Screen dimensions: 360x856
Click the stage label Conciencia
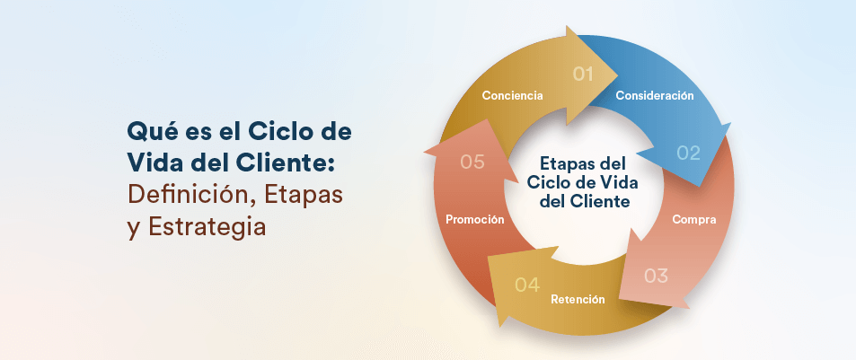click(x=512, y=95)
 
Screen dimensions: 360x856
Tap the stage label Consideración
click(x=655, y=95)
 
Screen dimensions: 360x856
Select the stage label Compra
click(x=694, y=219)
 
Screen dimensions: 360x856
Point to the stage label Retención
click(x=578, y=299)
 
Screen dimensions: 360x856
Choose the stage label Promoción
click(x=474, y=219)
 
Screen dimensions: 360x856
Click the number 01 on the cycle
click(x=584, y=74)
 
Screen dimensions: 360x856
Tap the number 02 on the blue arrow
click(x=688, y=153)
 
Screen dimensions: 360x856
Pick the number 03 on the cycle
click(x=657, y=276)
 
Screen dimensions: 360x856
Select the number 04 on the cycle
click(x=527, y=285)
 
